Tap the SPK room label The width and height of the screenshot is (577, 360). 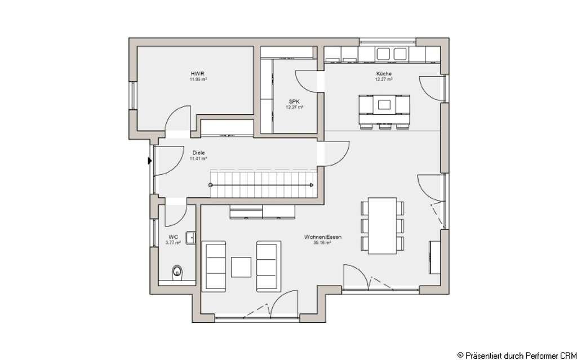tap(294, 101)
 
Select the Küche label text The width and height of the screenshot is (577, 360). tap(384, 74)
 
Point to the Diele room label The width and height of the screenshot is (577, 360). tap(198, 153)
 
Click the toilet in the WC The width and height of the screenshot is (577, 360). tap(177, 273)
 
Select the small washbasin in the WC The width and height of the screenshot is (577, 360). tap(191, 238)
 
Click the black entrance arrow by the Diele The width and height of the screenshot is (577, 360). tap(150, 161)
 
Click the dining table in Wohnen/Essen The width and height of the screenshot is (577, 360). tap(382, 225)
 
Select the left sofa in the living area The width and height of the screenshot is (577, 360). tap(214, 266)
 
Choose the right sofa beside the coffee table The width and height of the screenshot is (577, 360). tap(267, 266)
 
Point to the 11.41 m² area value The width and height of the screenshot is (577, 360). tap(198, 159)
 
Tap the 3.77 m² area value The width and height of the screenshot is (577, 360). tap(173, 243)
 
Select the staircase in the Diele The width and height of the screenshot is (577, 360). tap(262, 184)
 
